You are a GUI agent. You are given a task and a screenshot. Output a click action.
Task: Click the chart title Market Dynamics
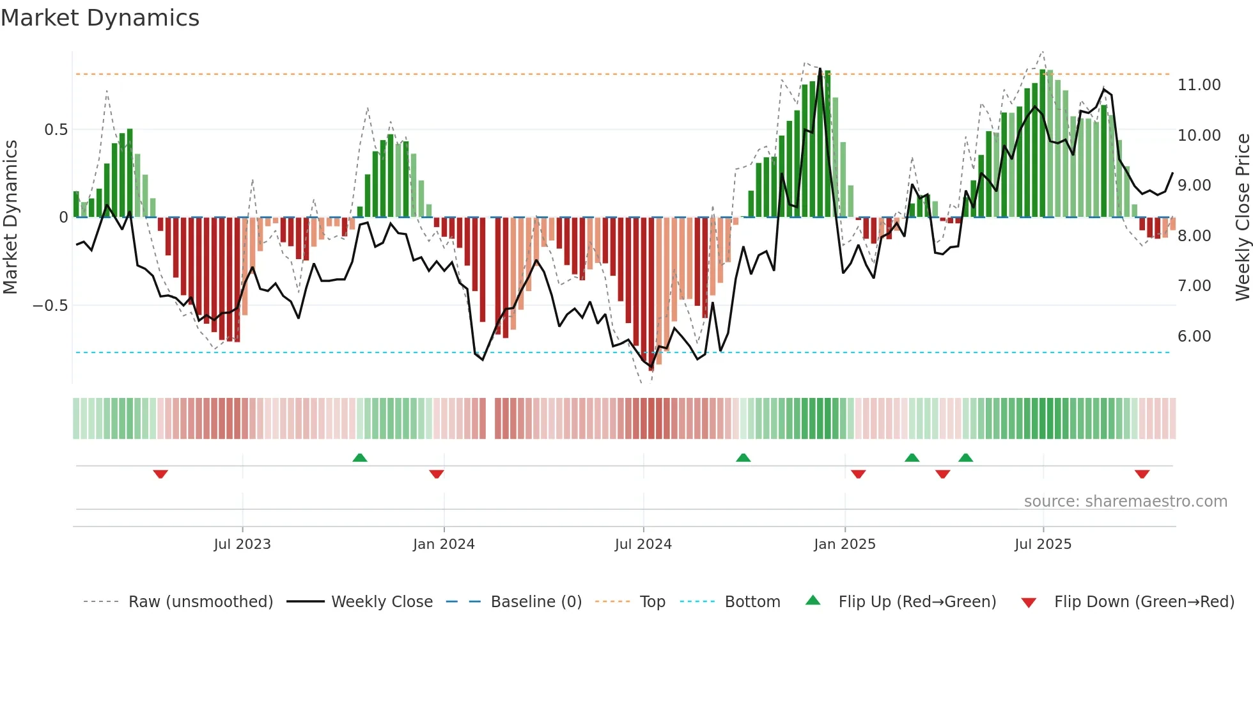point(100,18)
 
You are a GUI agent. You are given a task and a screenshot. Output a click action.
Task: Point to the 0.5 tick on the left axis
point(56,130)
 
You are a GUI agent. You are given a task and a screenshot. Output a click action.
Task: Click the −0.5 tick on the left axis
point(51,306)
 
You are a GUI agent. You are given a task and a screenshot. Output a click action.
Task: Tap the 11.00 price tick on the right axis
point(1199,85)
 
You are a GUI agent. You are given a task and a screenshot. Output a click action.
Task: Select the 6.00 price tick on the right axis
point(1194,337)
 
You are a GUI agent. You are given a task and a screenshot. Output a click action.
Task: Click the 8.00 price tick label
point(1194,236)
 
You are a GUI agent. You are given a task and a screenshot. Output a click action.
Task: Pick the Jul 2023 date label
point(242,544)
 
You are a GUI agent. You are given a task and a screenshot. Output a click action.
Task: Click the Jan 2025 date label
point(844,544)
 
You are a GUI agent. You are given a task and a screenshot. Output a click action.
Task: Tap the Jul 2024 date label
point(643,544)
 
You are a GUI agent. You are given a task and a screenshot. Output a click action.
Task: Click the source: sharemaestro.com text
point(1125,502)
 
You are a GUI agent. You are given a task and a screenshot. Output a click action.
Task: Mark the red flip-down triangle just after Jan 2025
point(859,474)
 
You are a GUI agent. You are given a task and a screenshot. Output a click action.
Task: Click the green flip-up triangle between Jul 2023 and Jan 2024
point(360,457)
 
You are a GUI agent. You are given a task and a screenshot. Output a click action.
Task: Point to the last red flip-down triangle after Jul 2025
point(1142,474)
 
